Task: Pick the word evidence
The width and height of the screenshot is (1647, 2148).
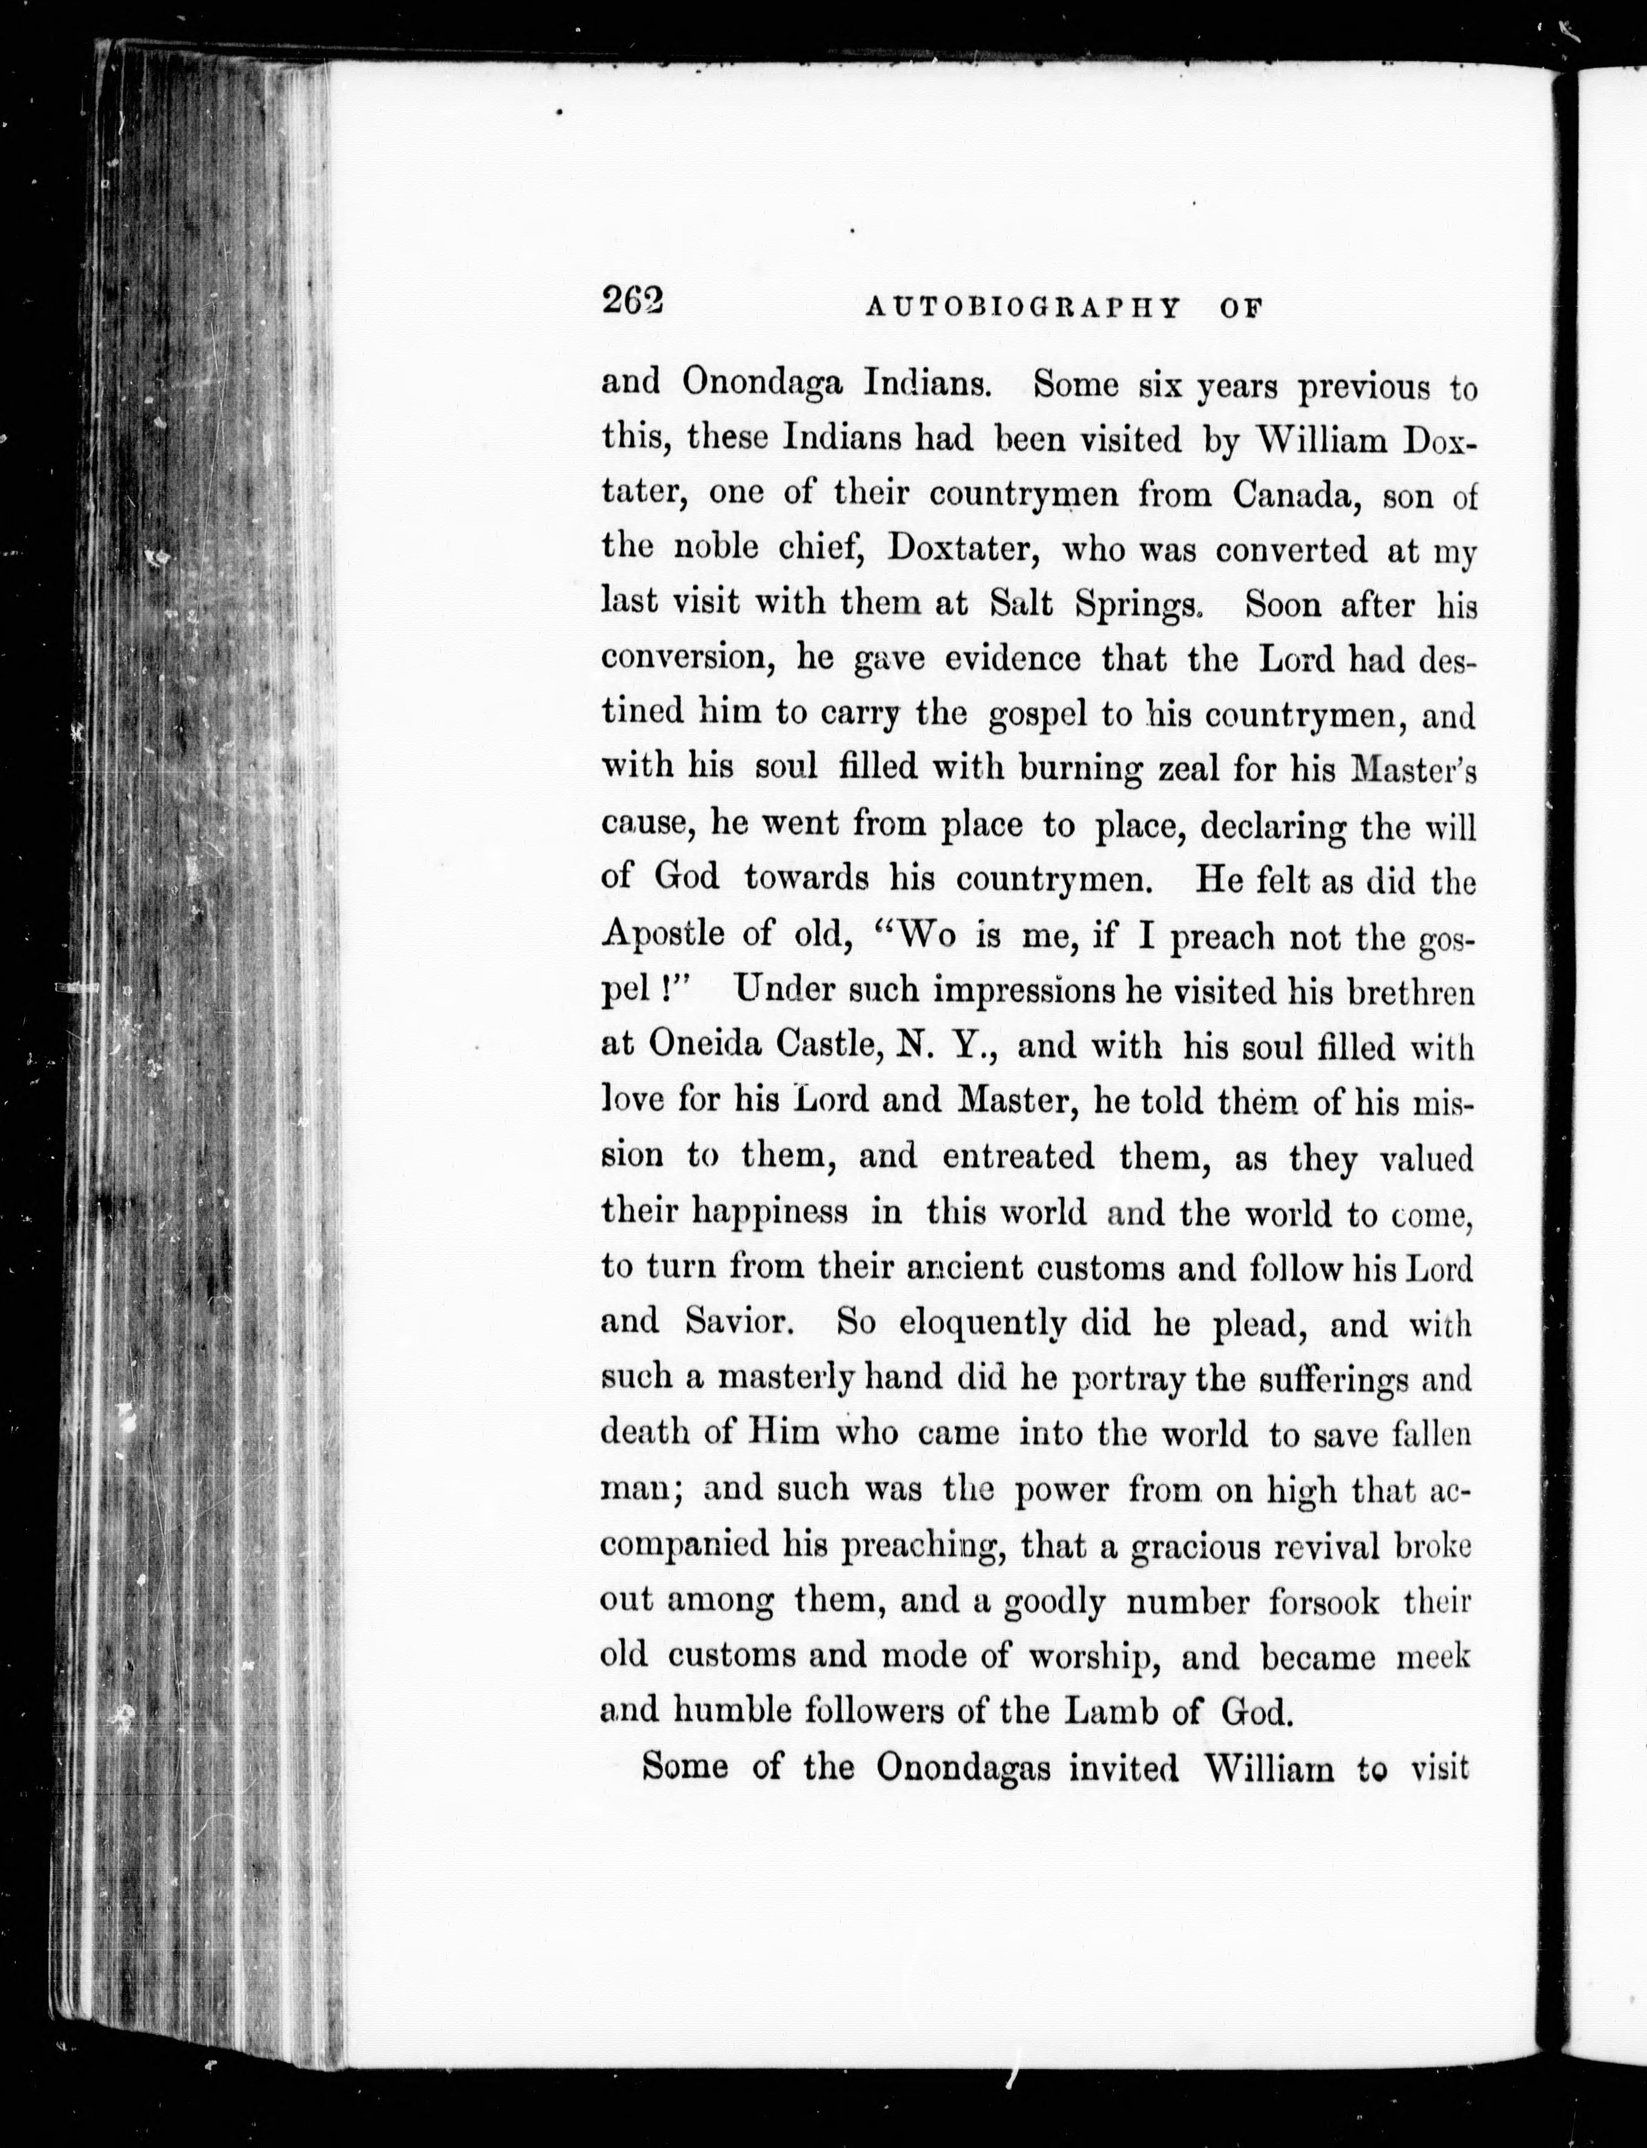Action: [1012, 658]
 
